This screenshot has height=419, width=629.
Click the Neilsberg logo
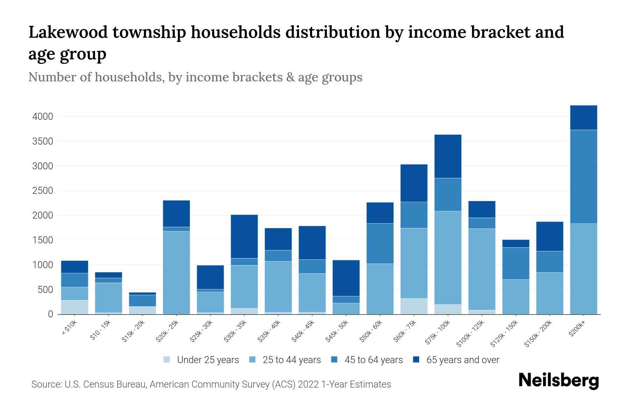(x=558, y=380)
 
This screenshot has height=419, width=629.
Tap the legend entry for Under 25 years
(x=208, y=360)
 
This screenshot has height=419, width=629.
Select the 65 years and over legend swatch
(x=416, y=360)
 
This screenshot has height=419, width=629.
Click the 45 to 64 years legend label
(x=373, y=360)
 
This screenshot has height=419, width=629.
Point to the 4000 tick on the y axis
(x=43, y=117)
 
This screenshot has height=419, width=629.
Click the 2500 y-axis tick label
(x=43, y=191)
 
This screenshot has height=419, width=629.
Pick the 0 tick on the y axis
(x=51, y=315)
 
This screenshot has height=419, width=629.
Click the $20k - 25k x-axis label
(x=167, y=331)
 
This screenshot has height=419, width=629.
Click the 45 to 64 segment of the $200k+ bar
(x=583, y=177)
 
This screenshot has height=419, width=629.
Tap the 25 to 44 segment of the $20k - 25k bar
(x=176, y=272)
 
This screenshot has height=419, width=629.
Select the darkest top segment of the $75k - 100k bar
(x=448, y=156)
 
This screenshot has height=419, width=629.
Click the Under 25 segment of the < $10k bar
(x=74, y=307)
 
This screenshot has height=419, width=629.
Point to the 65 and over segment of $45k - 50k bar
(x=346, y=278)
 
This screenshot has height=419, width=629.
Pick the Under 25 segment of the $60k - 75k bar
(x=414, y=306)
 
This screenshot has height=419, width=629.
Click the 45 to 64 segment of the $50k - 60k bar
(x=380, y=243)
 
